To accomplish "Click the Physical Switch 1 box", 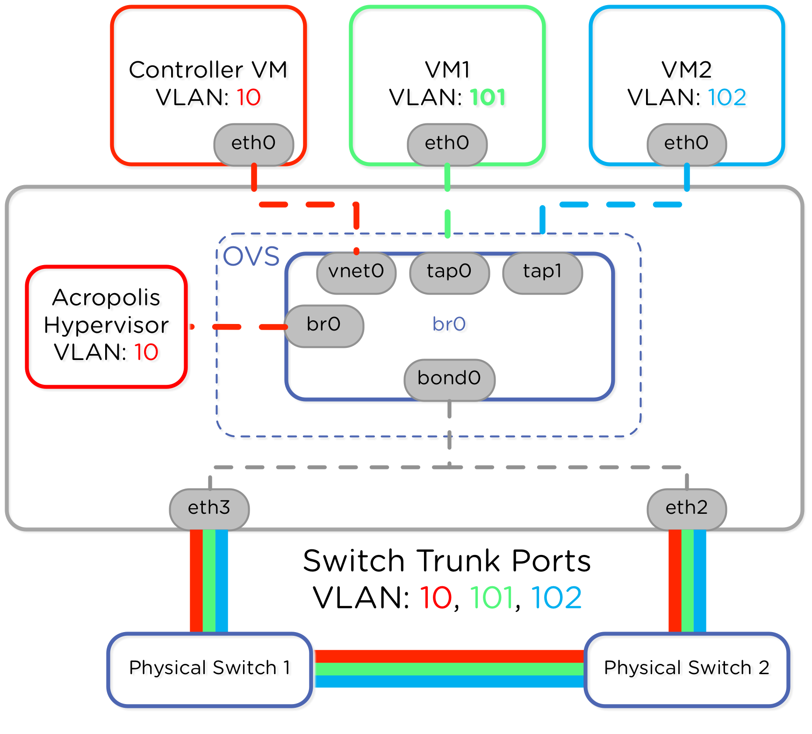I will click(x=209, y=669).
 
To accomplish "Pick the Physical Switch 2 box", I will click(x=686, y=669).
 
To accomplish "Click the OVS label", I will click(x=251, y=256).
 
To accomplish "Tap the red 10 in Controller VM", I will click(x=248, y=98).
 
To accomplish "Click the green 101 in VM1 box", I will click(x=488, y=98).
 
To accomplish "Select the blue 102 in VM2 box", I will click(x=727, y=98).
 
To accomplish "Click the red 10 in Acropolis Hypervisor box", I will click(x=146, y=353).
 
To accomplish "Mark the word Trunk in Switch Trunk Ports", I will click(x=458, y=561).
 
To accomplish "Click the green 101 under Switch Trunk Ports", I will click(x=491, y=598).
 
